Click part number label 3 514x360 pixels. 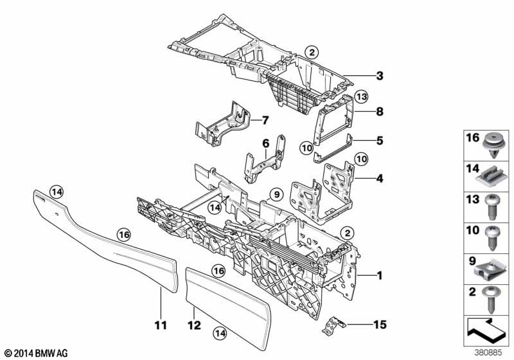[x=380, y=76]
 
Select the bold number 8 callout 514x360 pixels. [x=379, y=111]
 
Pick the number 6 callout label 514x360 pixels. [x=264, y=145]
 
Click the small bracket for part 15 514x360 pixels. [x=334, y=325]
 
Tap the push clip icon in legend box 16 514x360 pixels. [x=493, y=141]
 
